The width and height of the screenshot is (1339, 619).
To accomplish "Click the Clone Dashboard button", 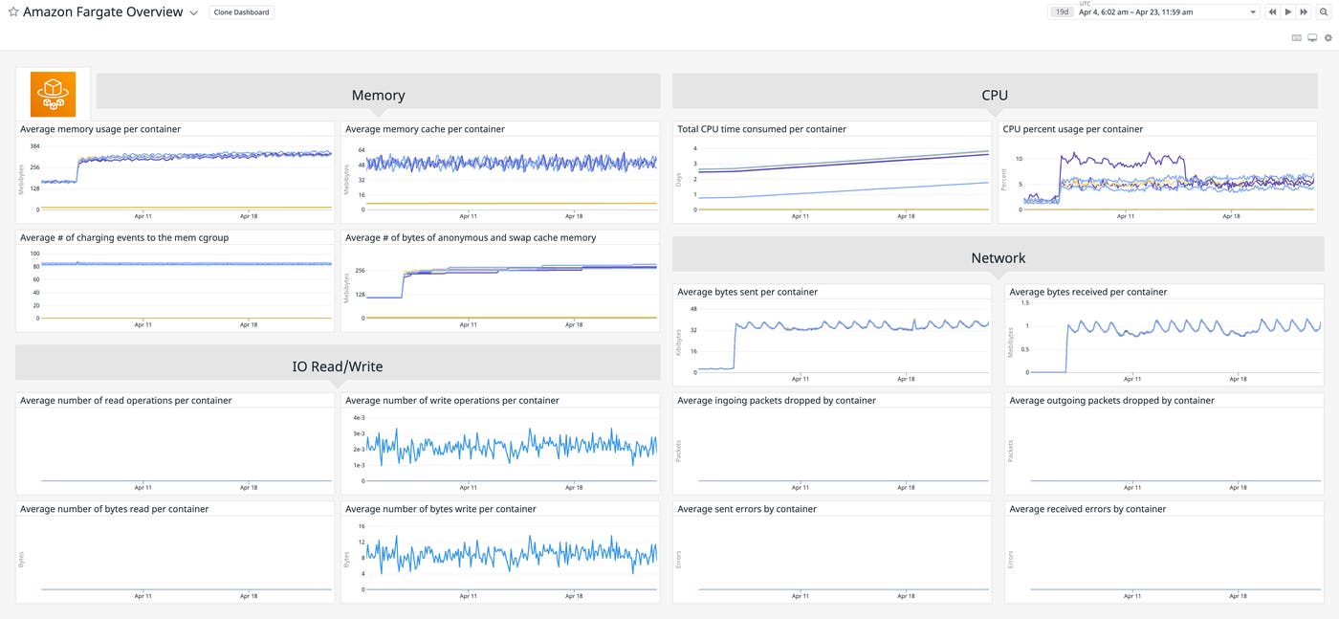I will tap(241, 12).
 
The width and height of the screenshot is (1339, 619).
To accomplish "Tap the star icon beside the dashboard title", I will tap(13, 12).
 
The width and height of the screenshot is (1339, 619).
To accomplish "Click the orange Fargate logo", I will tap(53, 94).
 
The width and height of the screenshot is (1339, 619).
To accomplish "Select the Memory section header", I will tap(378, 95).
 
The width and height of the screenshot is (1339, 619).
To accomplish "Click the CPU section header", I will tap(995, 95).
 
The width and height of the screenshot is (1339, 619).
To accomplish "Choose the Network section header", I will tap(998, 257).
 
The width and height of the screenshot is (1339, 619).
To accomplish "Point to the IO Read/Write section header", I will tap(337, 365).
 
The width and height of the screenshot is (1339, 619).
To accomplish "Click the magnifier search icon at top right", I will tap(1324, 11).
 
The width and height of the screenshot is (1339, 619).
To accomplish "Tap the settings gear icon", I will tap(1328, 38).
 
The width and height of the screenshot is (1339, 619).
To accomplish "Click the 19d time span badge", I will tap(1062, 11).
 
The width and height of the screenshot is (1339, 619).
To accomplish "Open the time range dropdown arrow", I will tap(1253, 11).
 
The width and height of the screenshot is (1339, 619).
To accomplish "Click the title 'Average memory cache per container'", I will tap(425, 129).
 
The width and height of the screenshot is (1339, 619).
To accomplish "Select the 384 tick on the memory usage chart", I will tap(34, 146).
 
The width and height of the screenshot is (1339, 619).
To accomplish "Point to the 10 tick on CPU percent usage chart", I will tap(1019, 159).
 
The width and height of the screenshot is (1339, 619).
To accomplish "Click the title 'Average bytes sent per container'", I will tap(747, 292).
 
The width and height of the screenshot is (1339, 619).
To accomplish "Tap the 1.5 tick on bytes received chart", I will tap(1025, 302).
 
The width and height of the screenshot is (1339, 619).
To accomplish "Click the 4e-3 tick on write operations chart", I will tap(359, 418).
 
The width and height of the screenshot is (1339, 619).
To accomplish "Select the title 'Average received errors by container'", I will tap(1087, 509).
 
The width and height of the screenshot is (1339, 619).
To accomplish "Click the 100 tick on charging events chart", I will tap(35, 254).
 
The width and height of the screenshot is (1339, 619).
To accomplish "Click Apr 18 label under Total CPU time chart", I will tap(906, 216).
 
